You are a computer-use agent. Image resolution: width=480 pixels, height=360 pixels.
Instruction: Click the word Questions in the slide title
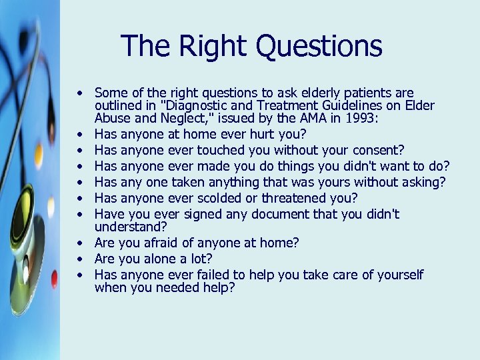pyautogui.click(x=319, y=46)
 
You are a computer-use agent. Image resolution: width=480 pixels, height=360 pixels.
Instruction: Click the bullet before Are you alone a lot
pyautogui.click(x=79, y=259)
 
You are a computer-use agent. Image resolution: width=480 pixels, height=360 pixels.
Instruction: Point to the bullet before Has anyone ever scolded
pyautogui.click(x=79, y=198)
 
